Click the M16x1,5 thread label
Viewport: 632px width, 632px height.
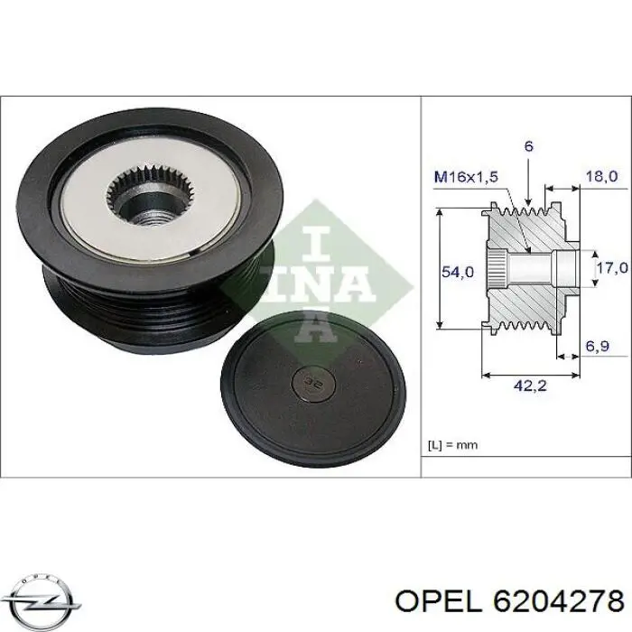(x=466, y=177)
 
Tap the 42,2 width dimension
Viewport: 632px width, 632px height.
(x=529, y=386)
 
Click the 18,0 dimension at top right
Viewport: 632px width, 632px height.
(x=601, y=177)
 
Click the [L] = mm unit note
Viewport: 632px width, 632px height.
(x=453, y=444)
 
